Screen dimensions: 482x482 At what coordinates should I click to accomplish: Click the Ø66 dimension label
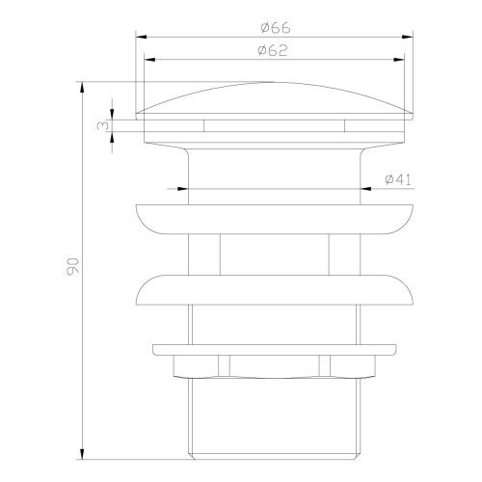click(x=276, y=28)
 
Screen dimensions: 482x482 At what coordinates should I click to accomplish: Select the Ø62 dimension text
click(x=273, y=50)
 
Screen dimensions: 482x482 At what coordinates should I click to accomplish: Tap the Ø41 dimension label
click(x=398, y=179)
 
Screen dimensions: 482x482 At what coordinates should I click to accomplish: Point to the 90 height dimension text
click(x=72, y=266)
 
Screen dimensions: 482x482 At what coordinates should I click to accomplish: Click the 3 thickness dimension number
click(x=102, y=125)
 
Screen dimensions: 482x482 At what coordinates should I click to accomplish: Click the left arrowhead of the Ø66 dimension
click(x=141, y=37)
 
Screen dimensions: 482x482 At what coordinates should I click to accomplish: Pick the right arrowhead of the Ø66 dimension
click(x=408, y=37)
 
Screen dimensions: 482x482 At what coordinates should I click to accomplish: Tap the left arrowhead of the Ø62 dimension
click(x=149, y=60)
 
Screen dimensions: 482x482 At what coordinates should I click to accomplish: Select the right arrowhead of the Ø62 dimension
click(x=399, y=60)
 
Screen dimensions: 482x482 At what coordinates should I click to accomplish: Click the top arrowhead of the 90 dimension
click(x=82, y=88)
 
